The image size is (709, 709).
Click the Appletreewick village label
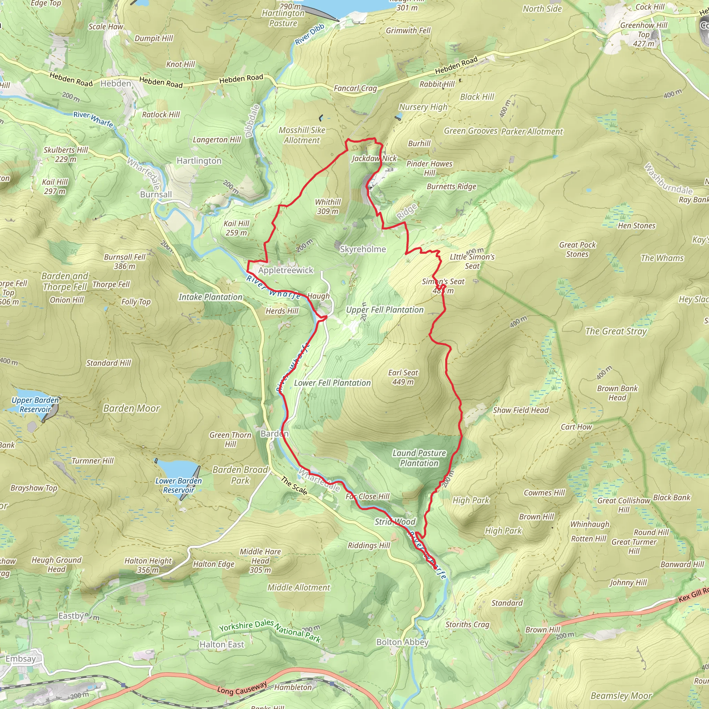pyautogui.click(x=286, y=270)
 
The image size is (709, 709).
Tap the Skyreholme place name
pyautogui.click(x=362, y=249)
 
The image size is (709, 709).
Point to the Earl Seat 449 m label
pyautogui.click(x=403, y=377)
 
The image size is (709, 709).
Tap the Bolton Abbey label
pyautogui.click(x=402, y=642)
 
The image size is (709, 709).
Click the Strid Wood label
pyautogui.click(x=395, y=522)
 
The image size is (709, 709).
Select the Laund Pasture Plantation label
pyautogui.click(x=419, y=458)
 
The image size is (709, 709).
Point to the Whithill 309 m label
pyautogui.click(x=328, y=207)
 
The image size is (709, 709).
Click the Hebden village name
pyautogui.click(x=116, y=84)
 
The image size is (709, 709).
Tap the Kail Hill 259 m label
pyautogui.click(x=236, y=228)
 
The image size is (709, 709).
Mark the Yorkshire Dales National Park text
pyautogui.click(x=270, y=630)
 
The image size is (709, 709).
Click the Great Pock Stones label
pyautogui.click(x=577, y=249)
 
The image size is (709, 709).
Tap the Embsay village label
pyautogui.click(x=20, y=659)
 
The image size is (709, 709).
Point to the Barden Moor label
pyautogui.click(x=131, y=409)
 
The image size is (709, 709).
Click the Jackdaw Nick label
pyautogui.click(x=374, y=158)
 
